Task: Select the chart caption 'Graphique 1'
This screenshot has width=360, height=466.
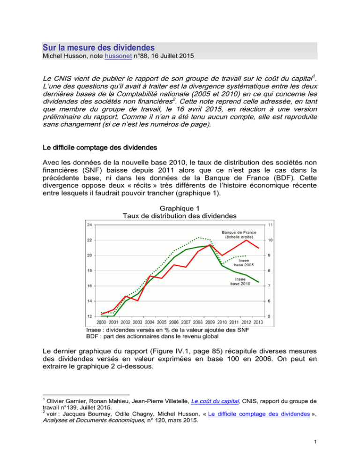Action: click(x=180, y=208)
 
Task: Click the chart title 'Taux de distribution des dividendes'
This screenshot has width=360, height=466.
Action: click(x=180, y=216)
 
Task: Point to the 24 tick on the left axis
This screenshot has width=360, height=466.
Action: click(x=89, y=225)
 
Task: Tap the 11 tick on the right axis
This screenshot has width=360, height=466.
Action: click(x=271, y=225)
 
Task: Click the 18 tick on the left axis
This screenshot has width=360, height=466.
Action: click(x=89, y=271)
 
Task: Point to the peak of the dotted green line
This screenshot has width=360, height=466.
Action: click(x=198, y=238)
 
